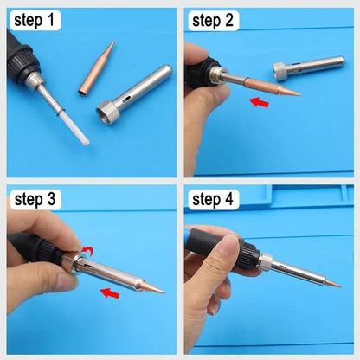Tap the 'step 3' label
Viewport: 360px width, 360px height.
35,201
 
